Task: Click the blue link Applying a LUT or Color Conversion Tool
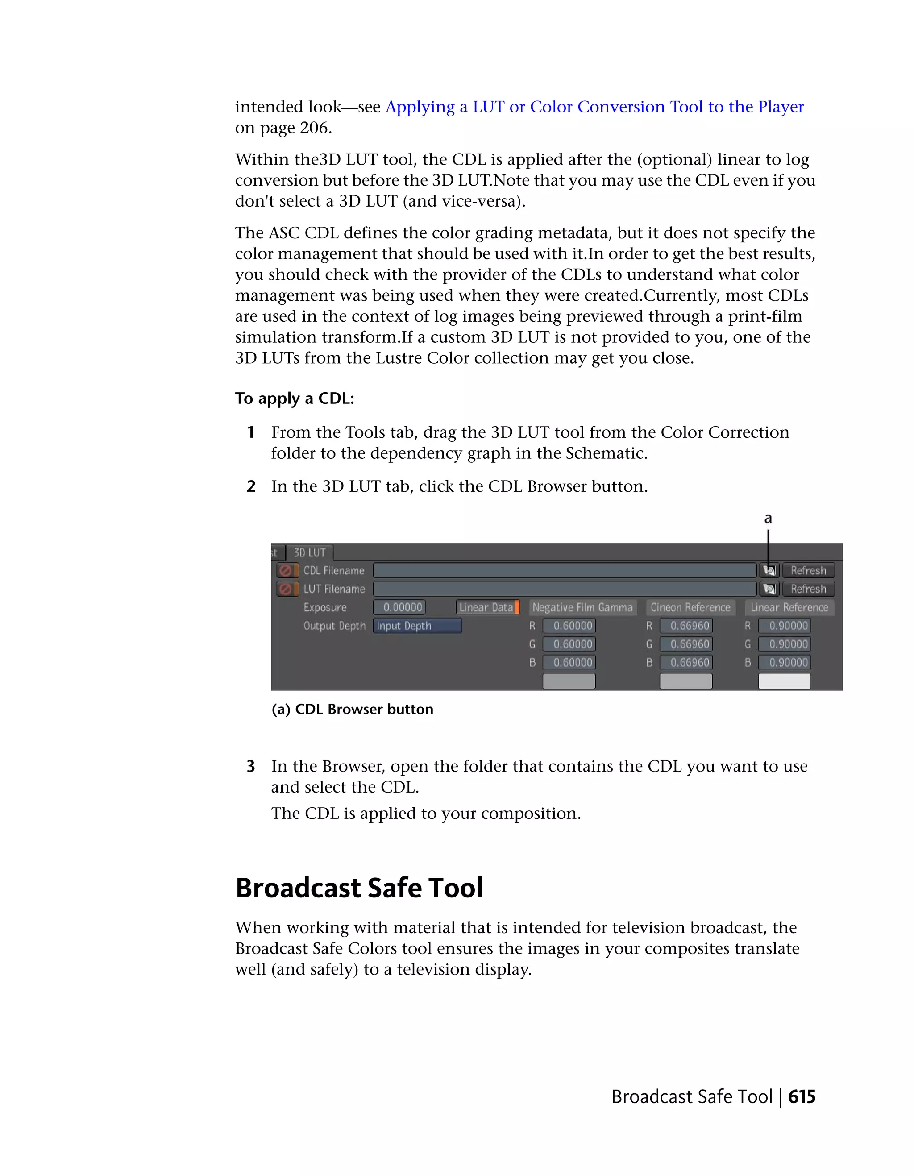(594, 107)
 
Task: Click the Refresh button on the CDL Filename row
(808, 570)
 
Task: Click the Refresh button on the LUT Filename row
(808, 589)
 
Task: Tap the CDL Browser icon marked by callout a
(769, 570)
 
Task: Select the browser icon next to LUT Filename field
(769, 589)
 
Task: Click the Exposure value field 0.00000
(399, 607)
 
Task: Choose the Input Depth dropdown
(417, 626)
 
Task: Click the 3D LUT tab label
(309, 552)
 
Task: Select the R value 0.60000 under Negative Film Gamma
(569, 626)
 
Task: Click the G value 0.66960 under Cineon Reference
(686, 644)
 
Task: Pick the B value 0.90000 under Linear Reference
(784, 662)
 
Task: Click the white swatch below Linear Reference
(784, 681)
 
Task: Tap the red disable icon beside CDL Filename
(286, 570)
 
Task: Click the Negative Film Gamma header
(582, 607)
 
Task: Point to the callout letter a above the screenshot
(768, 519)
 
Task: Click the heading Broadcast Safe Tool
(359, 888)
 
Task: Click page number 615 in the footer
(802, 1097)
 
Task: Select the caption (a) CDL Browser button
(353, 709)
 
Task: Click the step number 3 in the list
(251, 766)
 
